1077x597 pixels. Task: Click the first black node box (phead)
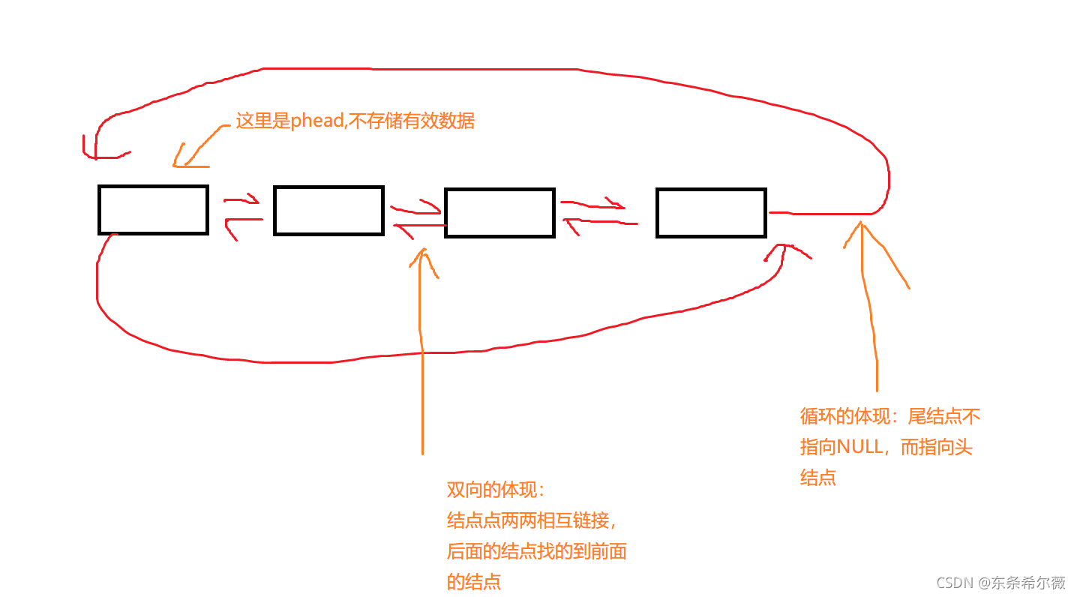pos(153,210)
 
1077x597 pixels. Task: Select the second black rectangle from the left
pos(328,211)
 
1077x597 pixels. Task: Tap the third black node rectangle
pos(499,213)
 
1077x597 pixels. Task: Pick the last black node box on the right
pos(711,213)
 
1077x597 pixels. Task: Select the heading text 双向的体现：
pos(496,490)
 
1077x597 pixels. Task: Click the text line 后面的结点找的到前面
pos(536,551)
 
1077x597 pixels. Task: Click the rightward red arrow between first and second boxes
pos(241,200)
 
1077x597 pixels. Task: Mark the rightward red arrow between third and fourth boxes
pos(593,204)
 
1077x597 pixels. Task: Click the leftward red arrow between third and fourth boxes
pos(598,223)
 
